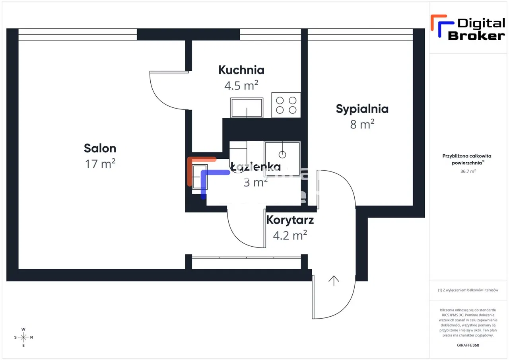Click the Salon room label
pyautogui.click(x=100, y=148)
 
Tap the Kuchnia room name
pyautogui.click(x=241, y=70)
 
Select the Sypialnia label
pyautogui.click(x=362, y=109)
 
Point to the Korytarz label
pyautogui.click(x=290, y=220)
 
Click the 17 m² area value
pyautogui.click(x=100, y=163)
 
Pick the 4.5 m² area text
pyautogui.click(x=241, y=85)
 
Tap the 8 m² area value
pyautogui.click(x=362, y=125)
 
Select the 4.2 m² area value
pyautogui.click(x=289, y=235)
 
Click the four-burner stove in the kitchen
pyautogui.click(x=286, y=105)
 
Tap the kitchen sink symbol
pyautogui.click(x=247, y=107)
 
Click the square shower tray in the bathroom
pyautogui.click(x=282, y=153)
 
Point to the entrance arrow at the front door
pyautogui.click(x=334, y=281)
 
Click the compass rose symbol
pyautogui.click(x=23, y=337)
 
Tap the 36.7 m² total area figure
pyautogui.click(x=468, y=171)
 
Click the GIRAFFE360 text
pyautogui.click(x=468, y=345)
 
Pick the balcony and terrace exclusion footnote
pyautogui.click(x=468, y=290)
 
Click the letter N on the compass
pyautogui.click(x=32, y=337)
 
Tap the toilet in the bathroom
pyautogui.click(x=238, y=151)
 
